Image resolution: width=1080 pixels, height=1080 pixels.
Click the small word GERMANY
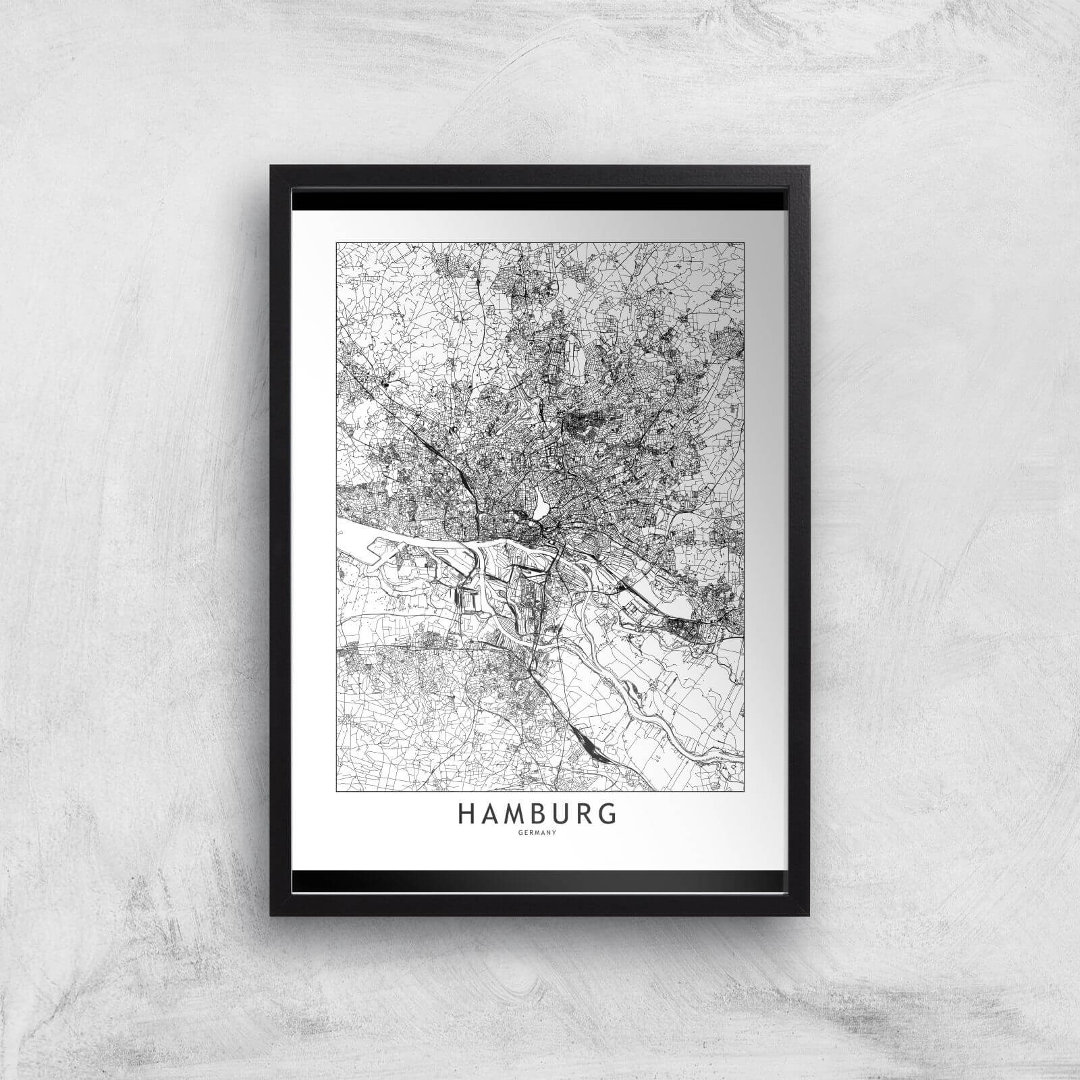[539, 834]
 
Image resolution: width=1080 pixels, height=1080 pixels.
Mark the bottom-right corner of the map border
[743, 790]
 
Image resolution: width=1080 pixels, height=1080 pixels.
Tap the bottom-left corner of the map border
[336, 790]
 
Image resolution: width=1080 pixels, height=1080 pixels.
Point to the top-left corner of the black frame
[271, 165]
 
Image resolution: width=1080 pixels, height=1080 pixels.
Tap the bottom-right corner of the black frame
[809, 915]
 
